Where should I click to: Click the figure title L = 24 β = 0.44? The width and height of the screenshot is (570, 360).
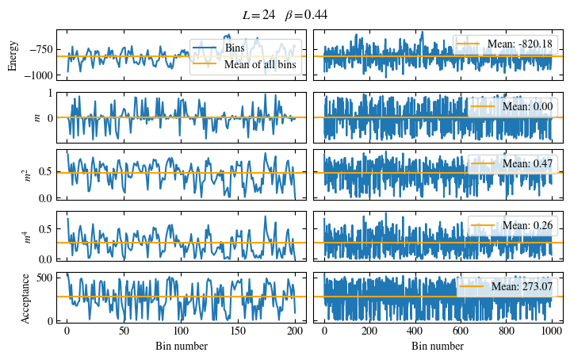pos(285,15)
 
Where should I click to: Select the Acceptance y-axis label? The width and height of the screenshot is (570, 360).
pos(25,297)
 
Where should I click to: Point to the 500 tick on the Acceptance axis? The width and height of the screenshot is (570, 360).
pos(44,277)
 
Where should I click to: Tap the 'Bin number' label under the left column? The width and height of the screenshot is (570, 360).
pos(181,346)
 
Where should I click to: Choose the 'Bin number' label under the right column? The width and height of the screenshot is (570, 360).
pos(437,346)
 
